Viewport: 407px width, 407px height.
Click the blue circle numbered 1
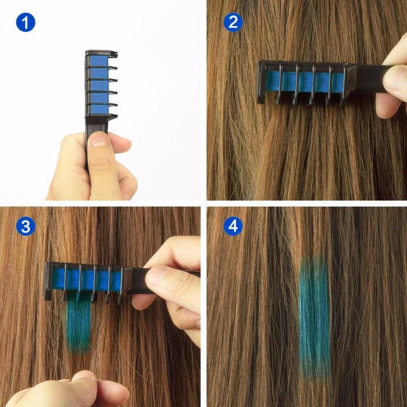point(25,23)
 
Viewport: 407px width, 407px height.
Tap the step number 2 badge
point(233,23)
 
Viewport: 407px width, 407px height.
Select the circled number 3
point(25,226)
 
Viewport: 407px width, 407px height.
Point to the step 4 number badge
point(233,226)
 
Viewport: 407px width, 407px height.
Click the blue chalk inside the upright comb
point(99,84)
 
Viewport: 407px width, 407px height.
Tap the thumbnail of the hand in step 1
point(99,140)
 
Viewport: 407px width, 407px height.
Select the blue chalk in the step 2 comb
point(302,81)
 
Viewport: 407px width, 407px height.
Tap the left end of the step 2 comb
point(262,81)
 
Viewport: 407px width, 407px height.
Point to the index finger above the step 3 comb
point(174,250)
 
